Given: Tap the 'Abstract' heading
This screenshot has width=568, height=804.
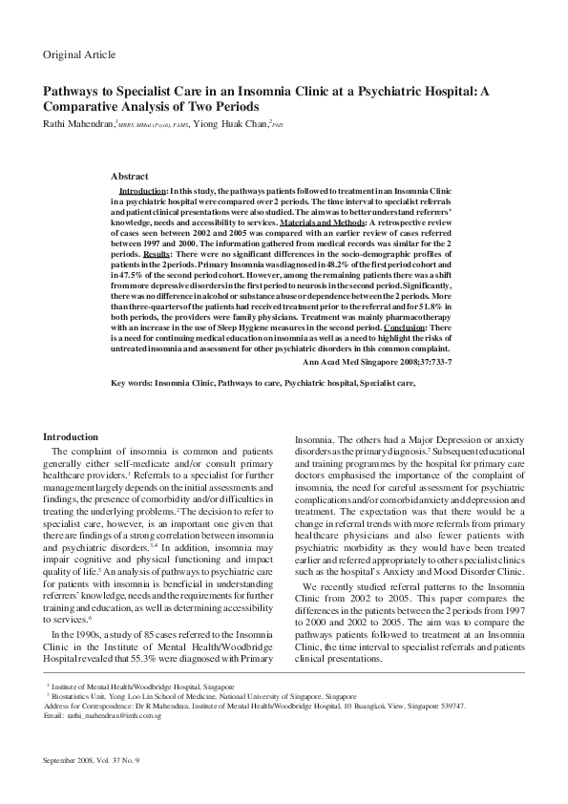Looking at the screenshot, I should tap(129, 177).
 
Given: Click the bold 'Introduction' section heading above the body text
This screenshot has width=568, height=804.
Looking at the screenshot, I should tap(71, 436).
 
